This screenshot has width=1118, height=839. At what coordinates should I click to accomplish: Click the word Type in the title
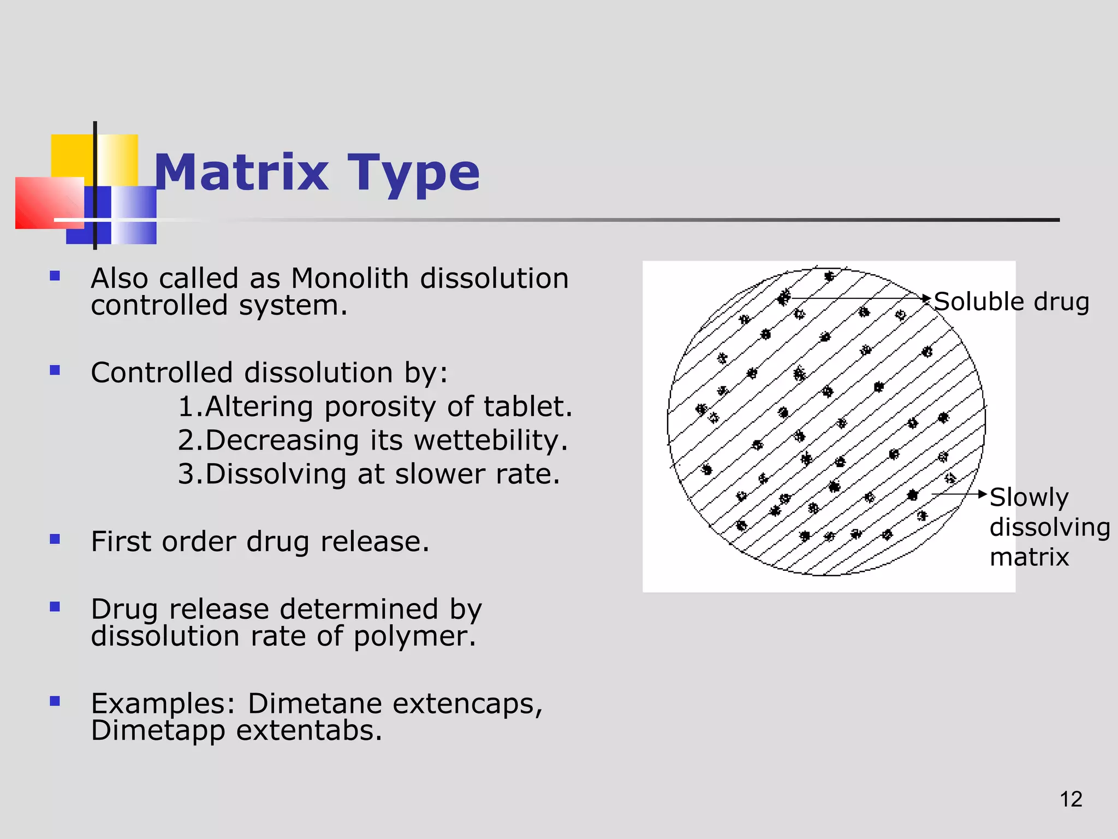[x=413, y=173]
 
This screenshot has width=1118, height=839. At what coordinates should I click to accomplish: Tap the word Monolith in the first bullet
[x=349, y=278]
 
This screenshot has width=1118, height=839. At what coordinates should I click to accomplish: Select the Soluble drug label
[x=1011, y=302]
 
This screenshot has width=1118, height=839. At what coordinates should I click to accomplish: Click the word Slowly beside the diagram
[x=1028, y=497]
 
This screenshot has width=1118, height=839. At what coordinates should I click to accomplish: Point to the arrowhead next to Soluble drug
[x=927, y=298]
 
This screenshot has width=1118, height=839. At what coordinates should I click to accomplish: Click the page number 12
[x=1071, y=799]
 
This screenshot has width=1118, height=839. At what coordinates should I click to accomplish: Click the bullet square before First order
[x=55, y=539]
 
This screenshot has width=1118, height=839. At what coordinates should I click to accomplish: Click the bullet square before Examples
[x=55, y=701]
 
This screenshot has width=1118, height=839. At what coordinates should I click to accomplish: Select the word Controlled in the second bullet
[x=162, y=373]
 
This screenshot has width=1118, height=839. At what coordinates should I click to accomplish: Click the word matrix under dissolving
[x=1028, y=557]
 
